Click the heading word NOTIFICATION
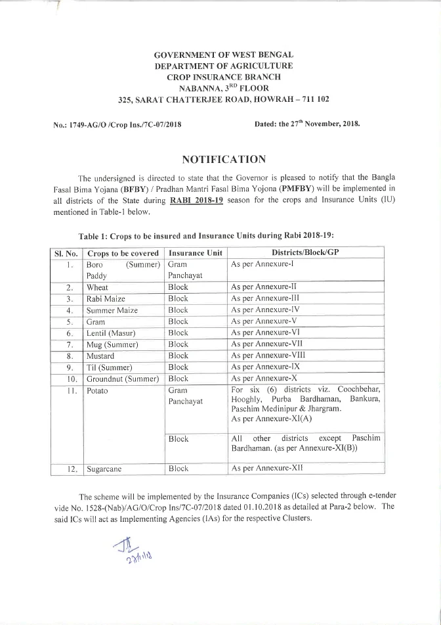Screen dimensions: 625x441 pos(223,159)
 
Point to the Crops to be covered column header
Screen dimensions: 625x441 pos(123,253)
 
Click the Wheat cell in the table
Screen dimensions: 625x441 pos(98,288)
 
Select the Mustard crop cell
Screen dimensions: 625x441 pos(100,355)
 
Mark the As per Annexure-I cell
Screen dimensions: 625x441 pos(260,264)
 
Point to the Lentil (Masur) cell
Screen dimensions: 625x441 pos(110,333)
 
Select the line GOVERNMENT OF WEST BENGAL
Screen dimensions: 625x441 pos(223,55)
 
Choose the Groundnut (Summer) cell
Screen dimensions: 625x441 pos(123,379)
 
